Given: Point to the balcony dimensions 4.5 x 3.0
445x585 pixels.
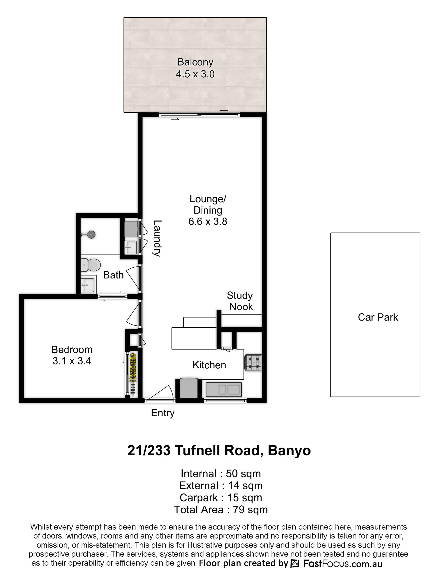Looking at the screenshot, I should [x=195, y=74].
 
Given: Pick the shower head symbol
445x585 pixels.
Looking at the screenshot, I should [x=91, y=234].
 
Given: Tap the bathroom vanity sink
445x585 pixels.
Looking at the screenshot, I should [x=87, y=285].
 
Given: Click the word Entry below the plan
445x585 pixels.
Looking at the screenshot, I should [x=163, y=413].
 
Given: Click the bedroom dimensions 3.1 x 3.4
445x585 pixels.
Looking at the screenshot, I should [x=72, y=361].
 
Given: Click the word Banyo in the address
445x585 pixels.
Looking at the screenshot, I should [x=289, y=450].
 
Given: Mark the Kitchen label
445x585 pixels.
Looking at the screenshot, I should [x=209, y=365].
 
